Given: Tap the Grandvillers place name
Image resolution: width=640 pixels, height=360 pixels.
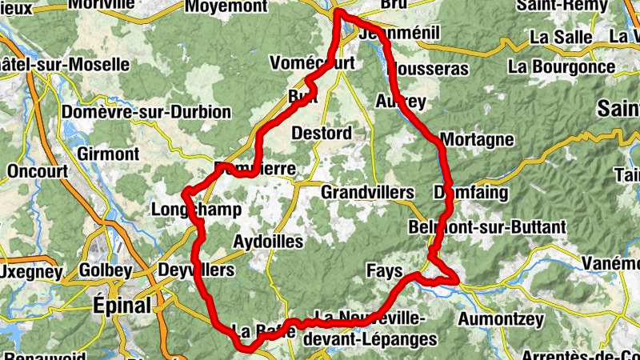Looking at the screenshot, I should (367, 193).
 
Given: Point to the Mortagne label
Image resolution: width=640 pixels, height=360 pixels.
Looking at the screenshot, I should (477, 140).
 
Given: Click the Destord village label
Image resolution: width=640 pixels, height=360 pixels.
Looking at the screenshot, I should (322, 132).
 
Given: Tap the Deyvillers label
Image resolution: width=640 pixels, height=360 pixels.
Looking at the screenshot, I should (197, 270).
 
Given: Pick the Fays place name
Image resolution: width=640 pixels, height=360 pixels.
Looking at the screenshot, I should (384, 270).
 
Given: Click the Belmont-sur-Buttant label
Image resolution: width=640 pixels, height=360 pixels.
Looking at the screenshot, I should (486, 227).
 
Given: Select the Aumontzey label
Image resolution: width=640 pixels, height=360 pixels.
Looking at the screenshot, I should (500, 319).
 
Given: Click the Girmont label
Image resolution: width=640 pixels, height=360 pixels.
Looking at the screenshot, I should (108, 152).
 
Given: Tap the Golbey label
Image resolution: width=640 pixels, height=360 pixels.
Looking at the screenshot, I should (106, 270).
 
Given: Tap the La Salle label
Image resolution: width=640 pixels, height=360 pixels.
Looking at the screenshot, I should (561, 37).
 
